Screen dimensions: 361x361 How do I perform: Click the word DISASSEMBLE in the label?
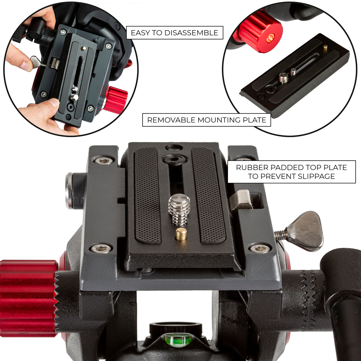point(191,33)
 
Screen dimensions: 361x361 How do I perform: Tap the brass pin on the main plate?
point(181,234)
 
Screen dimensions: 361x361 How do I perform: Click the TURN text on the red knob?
point(270,38)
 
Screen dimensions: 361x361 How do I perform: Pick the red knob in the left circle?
point(116,99)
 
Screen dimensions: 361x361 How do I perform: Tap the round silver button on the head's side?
point(69,190)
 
